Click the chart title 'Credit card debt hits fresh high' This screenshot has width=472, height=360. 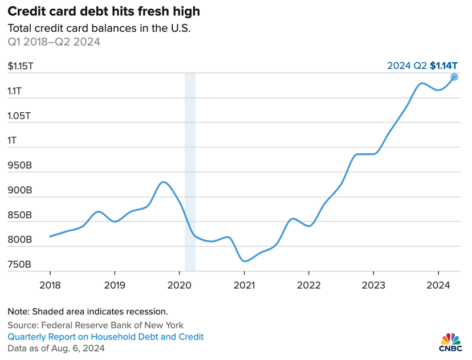[x=104, y=11]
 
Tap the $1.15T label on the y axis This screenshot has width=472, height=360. [x=21, y=66]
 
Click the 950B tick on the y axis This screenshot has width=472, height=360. [x=20, y=166]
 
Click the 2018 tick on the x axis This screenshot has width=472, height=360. [x=50, y=284]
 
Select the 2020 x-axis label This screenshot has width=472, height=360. [x=179, y=284]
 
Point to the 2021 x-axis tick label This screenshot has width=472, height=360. [x=244, y=284]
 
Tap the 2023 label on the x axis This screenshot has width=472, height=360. [x=373, y=284]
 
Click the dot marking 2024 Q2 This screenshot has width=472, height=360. [x=454, y=77]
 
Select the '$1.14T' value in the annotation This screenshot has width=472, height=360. [x=444, y=66]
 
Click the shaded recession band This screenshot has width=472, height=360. [x=190, y=171]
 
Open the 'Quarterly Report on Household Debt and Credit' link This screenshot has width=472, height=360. [x=105, y=337]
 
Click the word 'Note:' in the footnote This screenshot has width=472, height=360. [x=18, y=312]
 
